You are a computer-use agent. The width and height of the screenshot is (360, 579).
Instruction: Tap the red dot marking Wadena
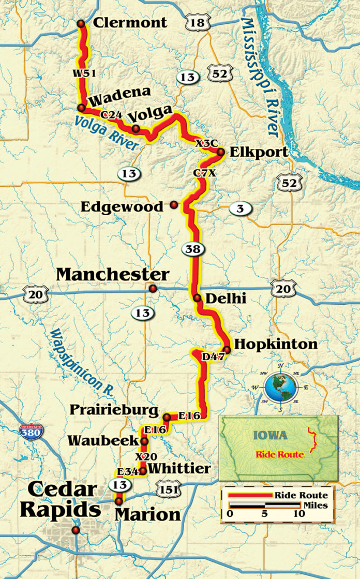pyautogui.click(x=81, y=108)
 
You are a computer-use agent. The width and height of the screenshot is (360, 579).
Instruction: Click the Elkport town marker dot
pyautogui.click(x=220, y=152)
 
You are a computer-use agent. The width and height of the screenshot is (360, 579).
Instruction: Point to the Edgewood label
pyautogui.click(x=122, y=206)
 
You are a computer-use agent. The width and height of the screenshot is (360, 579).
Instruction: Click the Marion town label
pyautogui.click(x=147, y=514)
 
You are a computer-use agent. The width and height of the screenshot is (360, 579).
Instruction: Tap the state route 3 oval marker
pyautogui.click(x=241, y=209)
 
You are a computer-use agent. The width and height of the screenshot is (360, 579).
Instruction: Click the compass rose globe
pyautogui.click(x=280, y=387)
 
